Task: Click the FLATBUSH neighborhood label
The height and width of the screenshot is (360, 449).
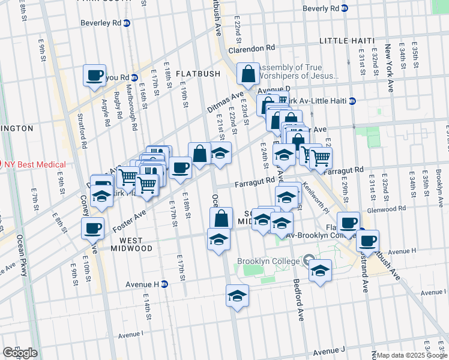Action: click(199, 74)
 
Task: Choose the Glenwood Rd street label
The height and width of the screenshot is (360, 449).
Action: click(388, 209)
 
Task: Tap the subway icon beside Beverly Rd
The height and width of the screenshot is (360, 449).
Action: click(344, 8)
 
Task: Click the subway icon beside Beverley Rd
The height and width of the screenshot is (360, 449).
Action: click(126, 23)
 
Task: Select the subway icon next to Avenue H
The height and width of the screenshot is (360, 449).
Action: click(164, 284)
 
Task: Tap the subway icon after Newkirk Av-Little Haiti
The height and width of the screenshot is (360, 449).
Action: click(352, 101)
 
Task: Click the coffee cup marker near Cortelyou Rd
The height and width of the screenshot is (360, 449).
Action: click(94, 76)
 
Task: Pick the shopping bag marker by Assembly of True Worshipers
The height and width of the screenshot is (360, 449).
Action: click(248, 75)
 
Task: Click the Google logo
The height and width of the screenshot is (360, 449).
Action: click(20, 353)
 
